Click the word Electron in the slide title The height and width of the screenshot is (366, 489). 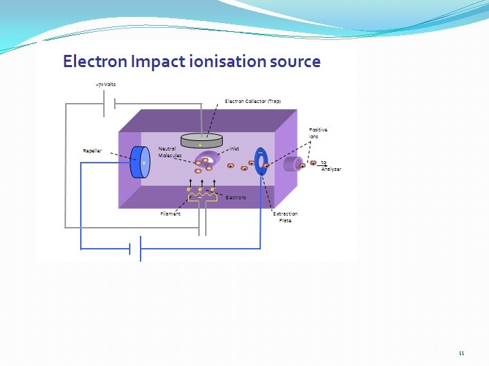[94, 62]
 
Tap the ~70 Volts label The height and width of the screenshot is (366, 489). [105, 85]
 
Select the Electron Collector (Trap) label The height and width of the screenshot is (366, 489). [253, 101]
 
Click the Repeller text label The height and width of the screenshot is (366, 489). [92, 150]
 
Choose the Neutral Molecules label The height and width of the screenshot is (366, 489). [169, 152]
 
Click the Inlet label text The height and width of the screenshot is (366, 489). [234, 148]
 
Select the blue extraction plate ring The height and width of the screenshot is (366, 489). [260, 162]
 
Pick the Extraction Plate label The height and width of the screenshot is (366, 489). [285, 217]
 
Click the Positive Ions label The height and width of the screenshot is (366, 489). [318, 133]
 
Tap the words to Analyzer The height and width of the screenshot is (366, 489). [330, 166]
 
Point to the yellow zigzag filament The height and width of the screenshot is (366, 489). [202, 196]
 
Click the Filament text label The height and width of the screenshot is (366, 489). [170, 213]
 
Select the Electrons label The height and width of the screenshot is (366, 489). [236, 197]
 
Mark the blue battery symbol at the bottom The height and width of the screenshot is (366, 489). [135, 249]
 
